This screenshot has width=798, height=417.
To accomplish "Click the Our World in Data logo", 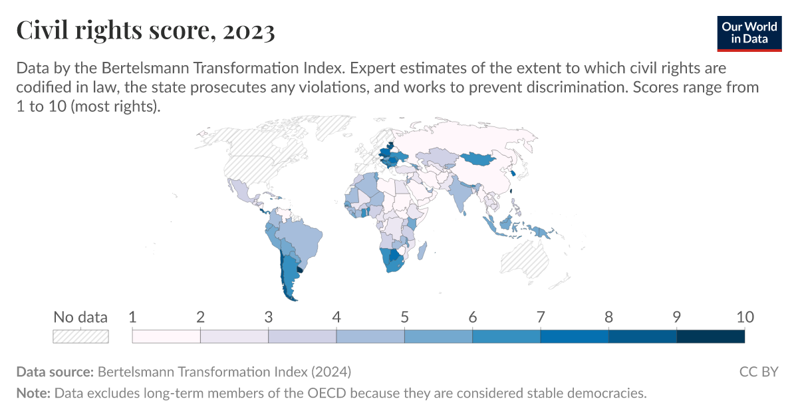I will click(x=749, y=32).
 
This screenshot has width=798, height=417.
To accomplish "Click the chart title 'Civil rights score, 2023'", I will click(x=145, y=31).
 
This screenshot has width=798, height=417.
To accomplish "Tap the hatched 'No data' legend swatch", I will click(x=80, y=337).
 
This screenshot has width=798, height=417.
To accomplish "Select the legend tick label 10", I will click(x=744, y=317).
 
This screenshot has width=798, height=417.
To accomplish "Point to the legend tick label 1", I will click(x=132, y=317).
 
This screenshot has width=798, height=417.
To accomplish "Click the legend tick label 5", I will click(x=404, y=317).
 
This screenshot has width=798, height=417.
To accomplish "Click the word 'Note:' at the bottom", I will click(x=33, y=393).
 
